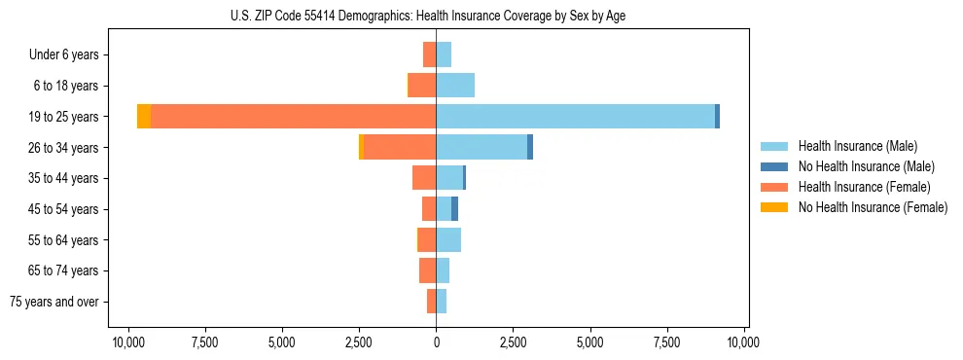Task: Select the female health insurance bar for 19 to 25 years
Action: coord(292,116)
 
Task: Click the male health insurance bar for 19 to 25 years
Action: coord(574,116)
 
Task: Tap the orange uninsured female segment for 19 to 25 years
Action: coord(144,116)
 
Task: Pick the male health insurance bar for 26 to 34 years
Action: coord(481,147)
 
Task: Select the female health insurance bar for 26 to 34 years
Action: coord(399,147)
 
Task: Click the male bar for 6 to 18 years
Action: coord(455,86)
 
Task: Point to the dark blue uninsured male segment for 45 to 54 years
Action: coord(454,208)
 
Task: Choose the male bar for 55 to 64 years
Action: coord(448,239)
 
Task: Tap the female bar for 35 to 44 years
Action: coord(424,178)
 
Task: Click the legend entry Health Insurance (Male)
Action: coord(857,146)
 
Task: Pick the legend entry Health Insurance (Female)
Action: coord(863,187)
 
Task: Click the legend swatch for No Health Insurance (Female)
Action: coord(774,207)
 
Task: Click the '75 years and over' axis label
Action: coord(54,302)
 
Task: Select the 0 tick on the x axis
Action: coord(436,343)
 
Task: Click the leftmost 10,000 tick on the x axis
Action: coord(127,343)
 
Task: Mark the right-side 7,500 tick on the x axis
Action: coord(667,343)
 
